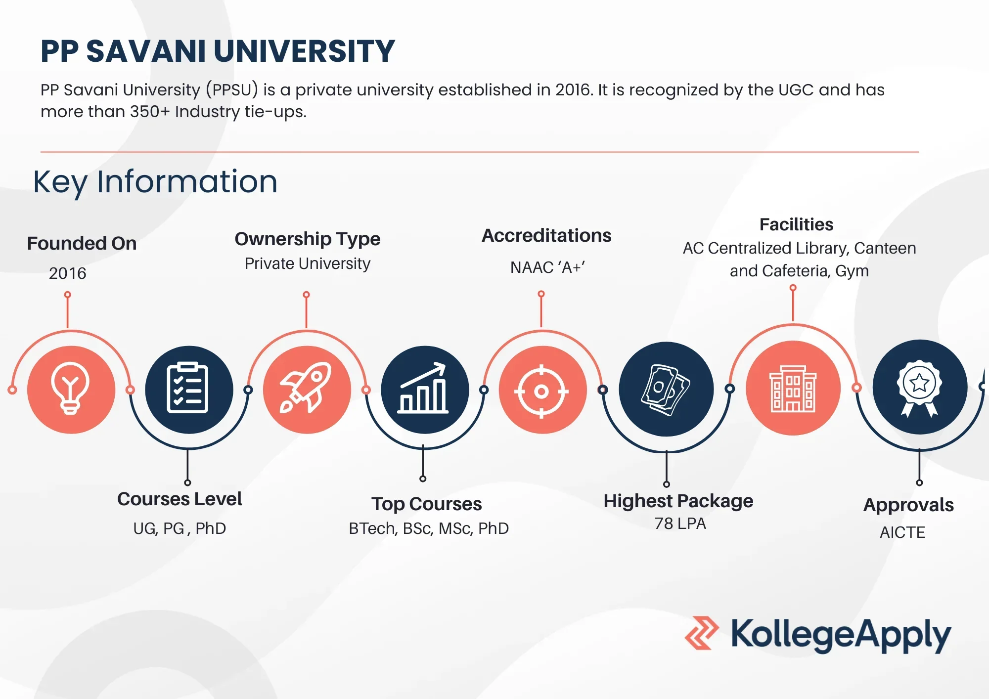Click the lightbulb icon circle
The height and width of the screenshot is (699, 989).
coord(71,390)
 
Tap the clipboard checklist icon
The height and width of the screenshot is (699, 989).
coord(188,388)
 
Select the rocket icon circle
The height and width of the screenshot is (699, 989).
coord(307,390)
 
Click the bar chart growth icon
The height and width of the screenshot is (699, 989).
coord(424,388)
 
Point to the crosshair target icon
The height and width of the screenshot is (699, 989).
coord(542,392)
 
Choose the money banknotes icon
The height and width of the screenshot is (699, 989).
coord(666,390)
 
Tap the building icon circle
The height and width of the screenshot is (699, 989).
coord(793,388)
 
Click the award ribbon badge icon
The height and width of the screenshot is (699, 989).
coord(919,388)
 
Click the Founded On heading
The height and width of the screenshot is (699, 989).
coord(82,243)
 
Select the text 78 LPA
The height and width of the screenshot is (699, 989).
coord(680,524)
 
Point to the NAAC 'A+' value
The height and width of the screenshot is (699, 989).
coord(547,267)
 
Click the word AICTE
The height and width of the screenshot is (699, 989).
coord(902,532)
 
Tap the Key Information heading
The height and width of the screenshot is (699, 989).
coord(155,182)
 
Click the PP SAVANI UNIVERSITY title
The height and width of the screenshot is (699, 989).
coord(218,51)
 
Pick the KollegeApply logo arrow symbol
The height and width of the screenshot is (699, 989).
coord(702,633)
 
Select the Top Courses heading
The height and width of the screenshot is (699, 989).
coord(427,504)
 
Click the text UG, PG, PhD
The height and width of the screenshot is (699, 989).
coord(180,528)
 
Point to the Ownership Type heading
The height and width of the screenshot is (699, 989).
coord(308,239)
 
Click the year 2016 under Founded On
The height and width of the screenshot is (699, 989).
coord(68,273)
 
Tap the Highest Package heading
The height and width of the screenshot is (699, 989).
coord(678,501)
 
